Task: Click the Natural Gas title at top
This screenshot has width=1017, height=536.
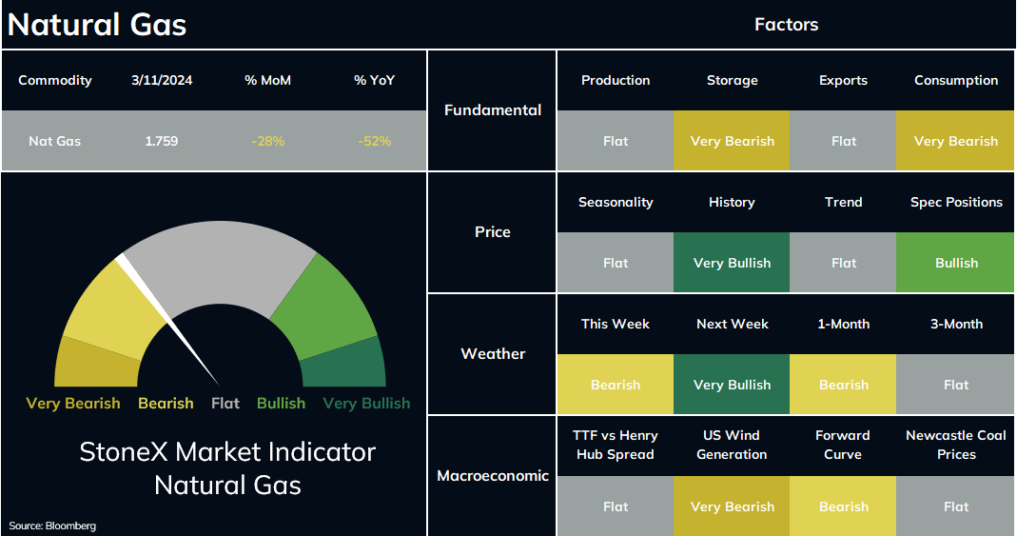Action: click(x=97, y=25)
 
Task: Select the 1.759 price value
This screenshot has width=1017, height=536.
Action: click(x=162, y=141)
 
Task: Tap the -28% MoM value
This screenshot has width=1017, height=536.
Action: click(x=268, y=141)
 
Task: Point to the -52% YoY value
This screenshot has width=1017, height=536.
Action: click(x=374, y=141)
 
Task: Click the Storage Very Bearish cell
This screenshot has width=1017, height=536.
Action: click(x=732, y=141)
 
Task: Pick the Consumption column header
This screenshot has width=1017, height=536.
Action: click(x=956, y=81)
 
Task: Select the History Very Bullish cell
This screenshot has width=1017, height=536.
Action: click(x=732, y=263)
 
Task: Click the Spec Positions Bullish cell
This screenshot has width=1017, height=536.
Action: click(x=956, y=263)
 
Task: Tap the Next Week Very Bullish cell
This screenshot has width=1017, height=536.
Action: click(x=732, y=385)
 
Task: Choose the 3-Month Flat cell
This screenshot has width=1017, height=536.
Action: click(x=956, y=385)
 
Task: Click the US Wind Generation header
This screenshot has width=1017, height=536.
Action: click(x=732, y=446)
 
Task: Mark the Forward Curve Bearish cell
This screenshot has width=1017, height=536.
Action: click(x=843, y=506)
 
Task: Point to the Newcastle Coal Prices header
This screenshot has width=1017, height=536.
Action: click(x=956, y=446)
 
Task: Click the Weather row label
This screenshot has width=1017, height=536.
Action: click(x=493, y=353)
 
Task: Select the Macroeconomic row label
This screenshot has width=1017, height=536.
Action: click(x=493, y=476)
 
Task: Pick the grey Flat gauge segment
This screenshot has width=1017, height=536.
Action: click(x=220, y=265)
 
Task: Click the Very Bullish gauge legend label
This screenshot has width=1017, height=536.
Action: click(x=366, y=404)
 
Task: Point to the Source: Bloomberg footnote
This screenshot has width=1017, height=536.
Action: click(x=52, y=526)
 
